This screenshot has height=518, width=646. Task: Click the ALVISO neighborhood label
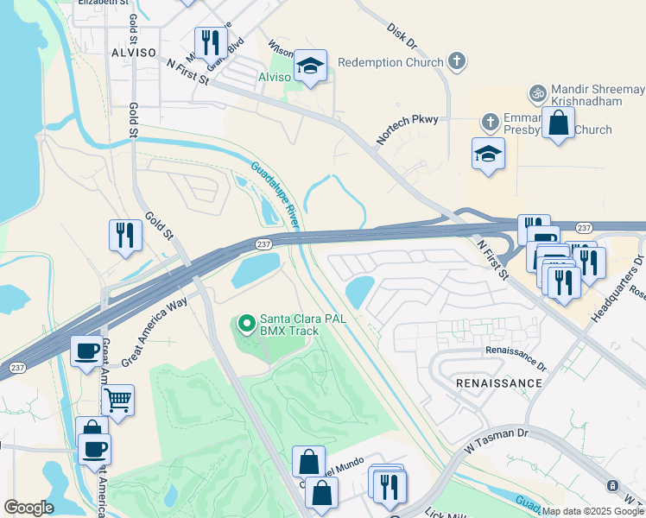coord(133,53)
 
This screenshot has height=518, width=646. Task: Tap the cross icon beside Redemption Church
coord(458,61)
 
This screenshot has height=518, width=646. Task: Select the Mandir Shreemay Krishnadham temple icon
coord(537,92)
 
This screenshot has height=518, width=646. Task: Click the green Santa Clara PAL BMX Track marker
coord(246,325)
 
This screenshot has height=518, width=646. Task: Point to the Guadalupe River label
coord(275,194)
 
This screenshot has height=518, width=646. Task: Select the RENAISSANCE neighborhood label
coord(500,382)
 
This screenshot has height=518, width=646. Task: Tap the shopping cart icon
coord(117,400)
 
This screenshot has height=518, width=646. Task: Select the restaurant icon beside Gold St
coord(125,235)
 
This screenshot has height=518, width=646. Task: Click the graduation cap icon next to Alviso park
coord(310,66)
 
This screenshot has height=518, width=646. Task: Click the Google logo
coord(29,508)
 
